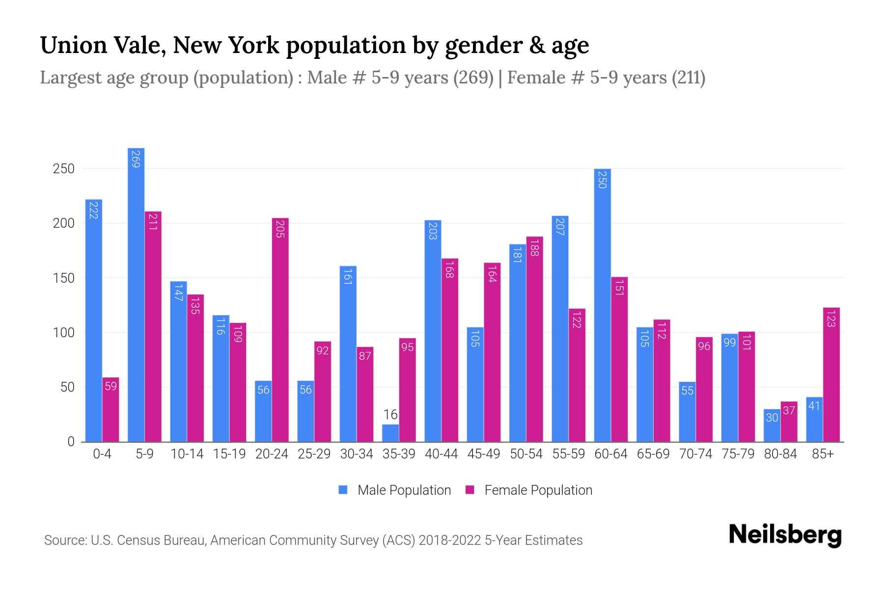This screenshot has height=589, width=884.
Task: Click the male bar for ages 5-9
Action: (136, 294)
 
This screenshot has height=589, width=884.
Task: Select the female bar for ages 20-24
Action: (280, 330)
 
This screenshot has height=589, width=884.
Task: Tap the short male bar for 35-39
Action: (390, 433)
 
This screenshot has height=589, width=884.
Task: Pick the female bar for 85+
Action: (831, 375)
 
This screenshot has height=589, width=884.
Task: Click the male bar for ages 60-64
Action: (602, 305)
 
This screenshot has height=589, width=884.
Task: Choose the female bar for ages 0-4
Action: (110, 409)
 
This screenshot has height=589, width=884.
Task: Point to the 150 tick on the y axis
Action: (63, 278)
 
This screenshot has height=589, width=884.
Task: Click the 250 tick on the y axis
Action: (63, 169)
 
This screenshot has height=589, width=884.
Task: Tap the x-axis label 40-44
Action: (441, 454)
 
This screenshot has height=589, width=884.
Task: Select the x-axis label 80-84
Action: (780, 454)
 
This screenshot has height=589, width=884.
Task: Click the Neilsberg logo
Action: (785, 535)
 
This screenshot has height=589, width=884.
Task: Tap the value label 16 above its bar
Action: (390, 415)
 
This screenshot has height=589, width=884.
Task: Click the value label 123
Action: (831, 319)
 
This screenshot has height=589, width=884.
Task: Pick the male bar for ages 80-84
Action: (772, 426)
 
